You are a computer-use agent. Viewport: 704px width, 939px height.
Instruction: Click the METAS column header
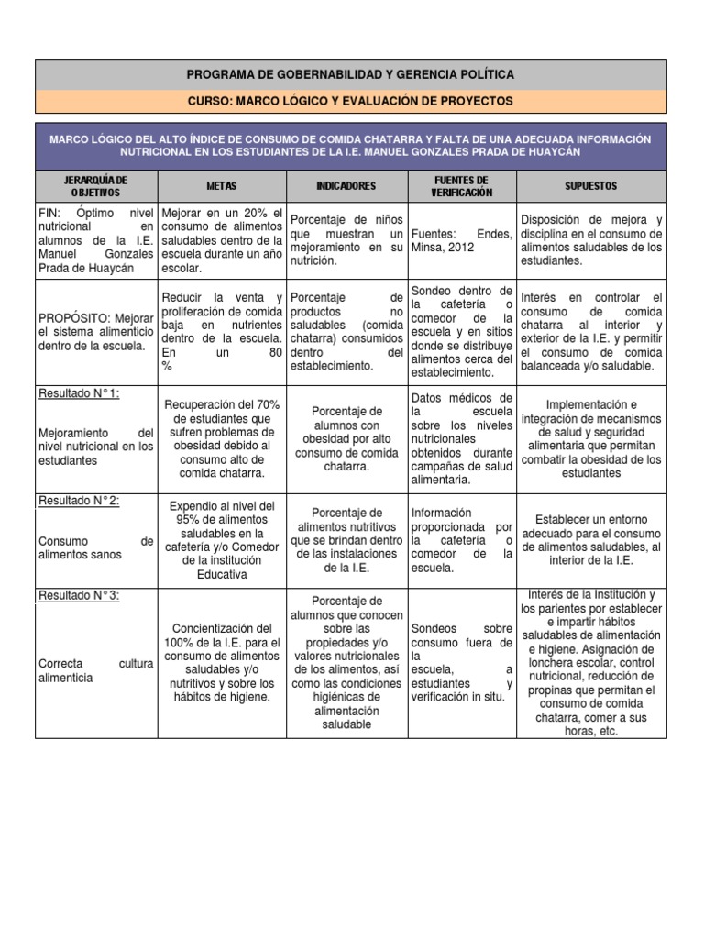221,186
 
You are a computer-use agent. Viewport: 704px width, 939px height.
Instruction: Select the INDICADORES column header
346,186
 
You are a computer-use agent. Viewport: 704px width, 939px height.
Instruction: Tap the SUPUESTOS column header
591,186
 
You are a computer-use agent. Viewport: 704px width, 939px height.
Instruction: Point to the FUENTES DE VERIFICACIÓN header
463,186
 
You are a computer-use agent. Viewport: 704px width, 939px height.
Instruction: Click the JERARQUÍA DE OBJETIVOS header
96,186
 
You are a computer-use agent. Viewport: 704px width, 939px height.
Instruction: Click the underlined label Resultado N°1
79,393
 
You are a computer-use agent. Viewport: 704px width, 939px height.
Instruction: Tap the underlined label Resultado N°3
79,595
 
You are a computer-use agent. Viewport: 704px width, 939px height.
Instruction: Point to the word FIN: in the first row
49,213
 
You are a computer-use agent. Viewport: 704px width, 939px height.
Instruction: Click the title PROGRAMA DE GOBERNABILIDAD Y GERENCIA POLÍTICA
351,74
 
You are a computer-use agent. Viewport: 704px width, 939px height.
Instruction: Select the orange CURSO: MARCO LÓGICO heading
351,100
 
